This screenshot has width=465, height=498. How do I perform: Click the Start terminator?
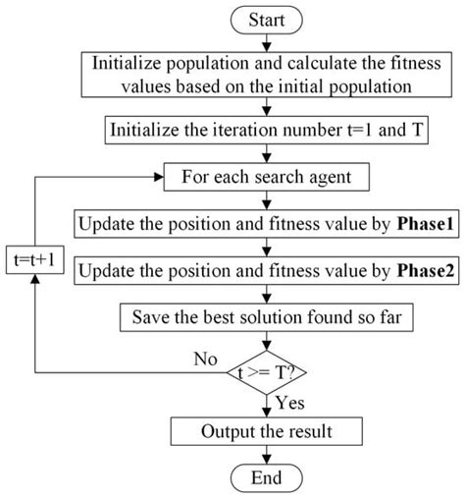[267, 18]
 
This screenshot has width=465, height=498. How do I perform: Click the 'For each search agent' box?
[267, 179]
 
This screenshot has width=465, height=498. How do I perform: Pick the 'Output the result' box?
[267, 432]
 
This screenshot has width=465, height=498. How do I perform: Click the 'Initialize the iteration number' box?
[267, 128]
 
